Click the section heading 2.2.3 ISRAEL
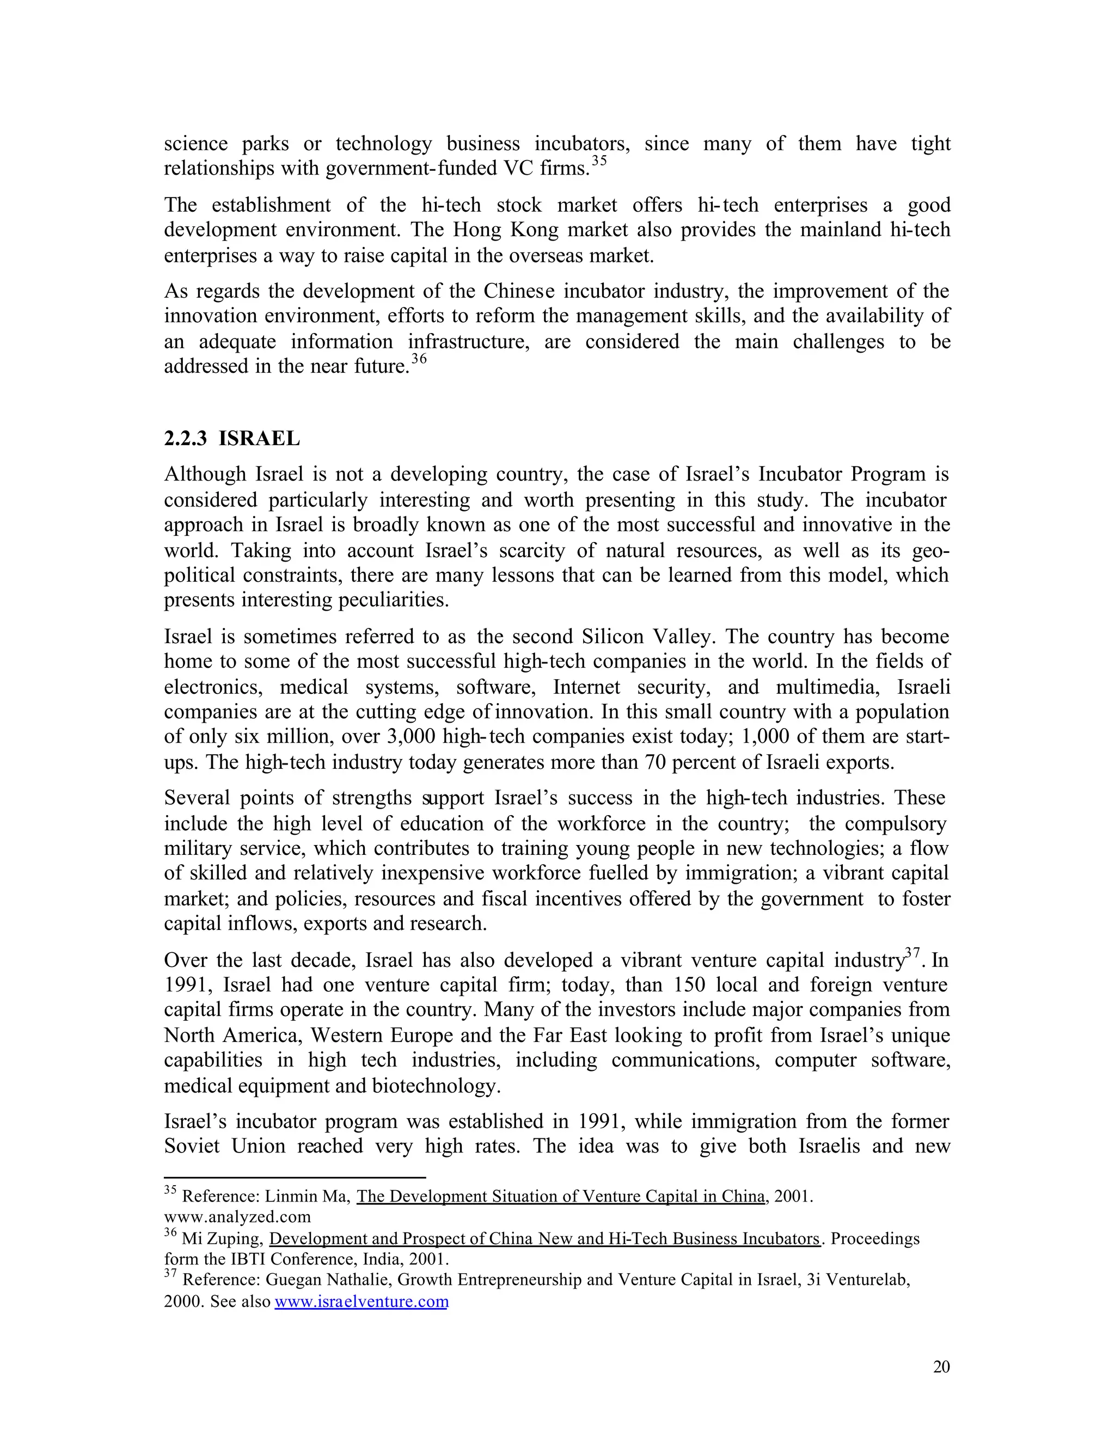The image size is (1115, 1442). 232,439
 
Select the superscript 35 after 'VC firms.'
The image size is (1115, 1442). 598,161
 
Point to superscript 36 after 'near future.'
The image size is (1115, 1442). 419,359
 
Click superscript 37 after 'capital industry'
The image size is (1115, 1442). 912,953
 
